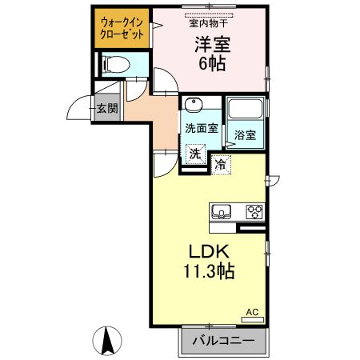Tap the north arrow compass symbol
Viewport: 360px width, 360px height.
pyautogui.click(x=107, y=341)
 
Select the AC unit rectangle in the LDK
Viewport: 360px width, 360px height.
pyautogui.click(x=253, y=319)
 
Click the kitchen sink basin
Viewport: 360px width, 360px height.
pyautogui.click(x=222, y=211)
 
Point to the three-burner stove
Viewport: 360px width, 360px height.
pyautogui.click(x=254, y=212)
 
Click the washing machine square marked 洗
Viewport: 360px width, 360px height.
pyautogui.click(x=196, y=154)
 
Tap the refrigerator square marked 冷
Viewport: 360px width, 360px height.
pyautogui.click(x=221, y=165)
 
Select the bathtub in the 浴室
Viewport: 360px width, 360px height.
pyautogui.click(x=246, y=109)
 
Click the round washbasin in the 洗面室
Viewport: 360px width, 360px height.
pyautogui.click(x=194, y=104)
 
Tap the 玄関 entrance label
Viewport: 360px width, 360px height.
pyautogui.click(x=107, y=108)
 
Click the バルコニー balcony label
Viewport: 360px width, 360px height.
pyautogui.click(x=223, y=341)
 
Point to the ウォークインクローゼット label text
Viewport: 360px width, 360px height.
pyautogui.click(x=122, y=29)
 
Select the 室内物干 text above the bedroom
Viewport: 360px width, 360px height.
pyautogui.click(x=209, y=23)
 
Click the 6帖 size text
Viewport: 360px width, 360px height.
pyautogui.click(x=213, y=63)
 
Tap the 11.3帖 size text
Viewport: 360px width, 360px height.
pyautogui.click(x=209, y=271)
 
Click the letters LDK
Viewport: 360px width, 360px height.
pyautogui.click(x=209, y=251)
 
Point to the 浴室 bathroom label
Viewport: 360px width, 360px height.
pyautogui.click(x=245, y=135)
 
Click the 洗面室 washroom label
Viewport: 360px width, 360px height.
pyautogui.click(x=202, y=129)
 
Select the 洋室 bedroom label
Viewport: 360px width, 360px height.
pyautogui.click(x=213, y=44)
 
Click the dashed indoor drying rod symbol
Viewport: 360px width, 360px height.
pyautogui.click(x=209, y=15)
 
